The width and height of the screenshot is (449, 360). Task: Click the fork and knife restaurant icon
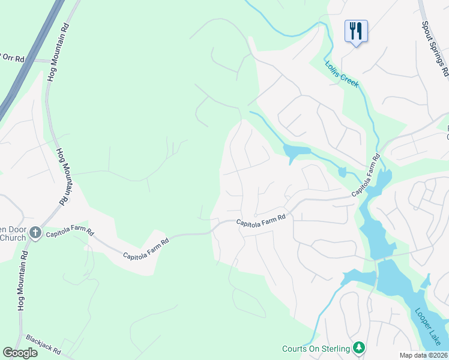pyautogui.click(x=356, y=30)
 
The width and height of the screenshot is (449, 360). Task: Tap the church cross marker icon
pyautogui.click(x=35, y=232)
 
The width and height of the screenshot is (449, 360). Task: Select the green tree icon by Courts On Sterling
pyautogui.click(x=359, y=348)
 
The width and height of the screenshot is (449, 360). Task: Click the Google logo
pyautogui.click(x=20, y=353)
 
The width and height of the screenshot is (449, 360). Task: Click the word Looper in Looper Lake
pyautogui.click(x=422, y=319)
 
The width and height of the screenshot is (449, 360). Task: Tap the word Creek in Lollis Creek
pyautogui.click(x=349, y=79)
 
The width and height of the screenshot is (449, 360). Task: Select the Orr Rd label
pyautogui.click(x=13, y=58)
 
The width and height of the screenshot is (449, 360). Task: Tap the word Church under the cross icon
pyautogui.click(x=13, y=238)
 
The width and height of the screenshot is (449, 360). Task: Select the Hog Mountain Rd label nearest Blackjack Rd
pyautogui.click(x=22, y=281)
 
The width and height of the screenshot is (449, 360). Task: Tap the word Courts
pyautogui.click(x=295, y=349)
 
